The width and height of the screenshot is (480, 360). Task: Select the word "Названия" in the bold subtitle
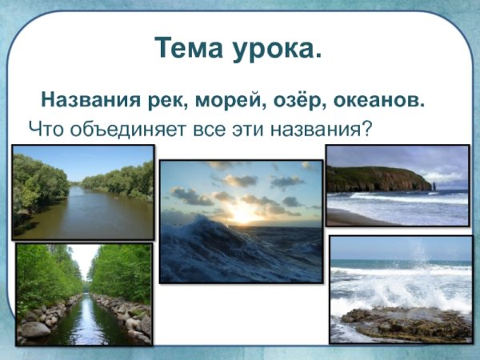[83, 102]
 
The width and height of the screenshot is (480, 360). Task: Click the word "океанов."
[375, 102]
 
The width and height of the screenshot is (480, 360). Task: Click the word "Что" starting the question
[44, 128]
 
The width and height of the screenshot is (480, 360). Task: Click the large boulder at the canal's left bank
[35, 329]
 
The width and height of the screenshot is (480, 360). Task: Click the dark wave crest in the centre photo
[200, 248]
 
